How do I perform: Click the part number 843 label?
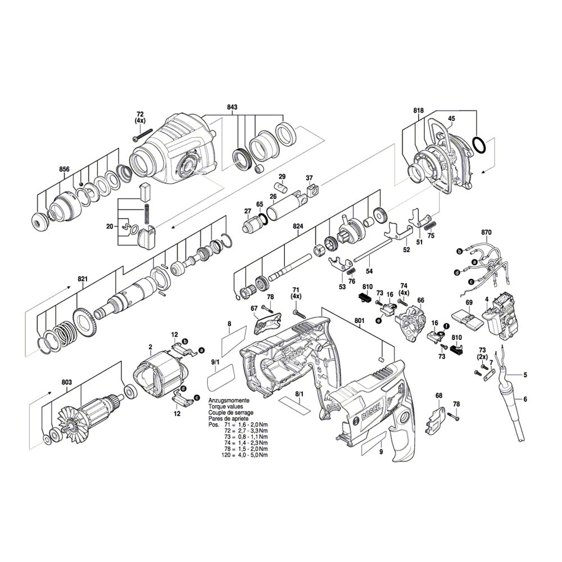232,107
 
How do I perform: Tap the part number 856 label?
64,169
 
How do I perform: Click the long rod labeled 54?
372,250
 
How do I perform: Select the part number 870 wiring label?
486,232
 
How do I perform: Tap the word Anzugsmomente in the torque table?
229,401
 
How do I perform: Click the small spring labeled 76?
352,272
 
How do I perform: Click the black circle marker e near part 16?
378,321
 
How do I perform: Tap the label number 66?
421,300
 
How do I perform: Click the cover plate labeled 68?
437,420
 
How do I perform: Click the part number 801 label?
359,321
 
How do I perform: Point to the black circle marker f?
447,326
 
